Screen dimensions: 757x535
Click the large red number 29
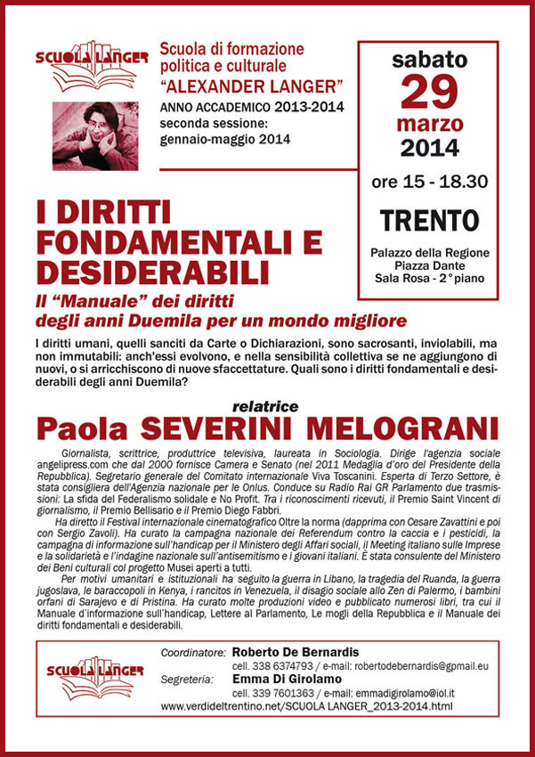coord(429,93)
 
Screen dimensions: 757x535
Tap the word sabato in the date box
coord(429,61)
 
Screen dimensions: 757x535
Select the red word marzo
coord(429,122)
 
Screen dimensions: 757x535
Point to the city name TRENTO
coord(429,219)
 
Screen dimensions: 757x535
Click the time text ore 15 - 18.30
coord(429,182)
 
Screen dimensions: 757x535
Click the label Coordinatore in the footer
coord(192,653)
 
